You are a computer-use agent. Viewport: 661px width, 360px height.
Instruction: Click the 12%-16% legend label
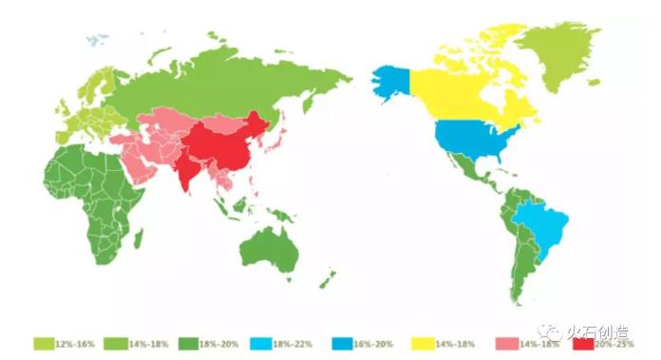click(x=74, y=343)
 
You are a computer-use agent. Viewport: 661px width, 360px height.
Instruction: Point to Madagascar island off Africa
click(x=139, y=237)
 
